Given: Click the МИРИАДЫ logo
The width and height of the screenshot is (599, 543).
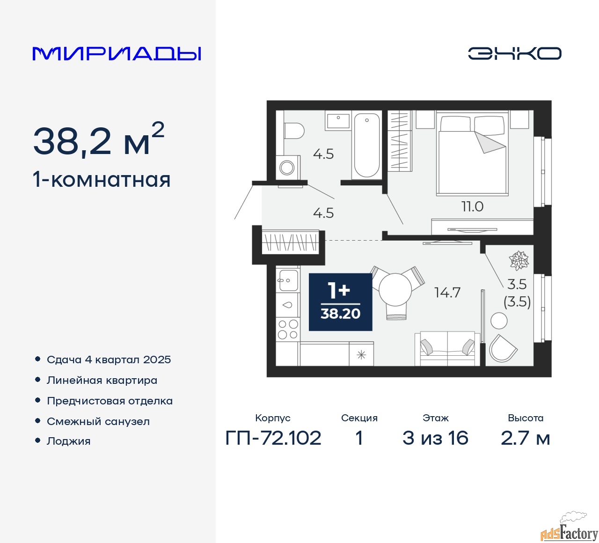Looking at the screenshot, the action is [x=117, y=54].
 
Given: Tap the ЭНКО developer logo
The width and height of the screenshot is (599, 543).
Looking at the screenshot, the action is [x=514, y=53].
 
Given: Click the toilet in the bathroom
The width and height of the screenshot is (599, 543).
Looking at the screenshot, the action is [x=294, y=131].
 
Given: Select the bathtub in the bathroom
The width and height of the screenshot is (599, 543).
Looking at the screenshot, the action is [x=366, y=145].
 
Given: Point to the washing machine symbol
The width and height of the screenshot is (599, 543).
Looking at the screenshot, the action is [x=287, y=168].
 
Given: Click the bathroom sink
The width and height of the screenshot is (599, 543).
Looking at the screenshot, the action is [x=338, y=121].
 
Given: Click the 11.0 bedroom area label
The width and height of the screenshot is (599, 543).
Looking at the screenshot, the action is [x=472, y=206].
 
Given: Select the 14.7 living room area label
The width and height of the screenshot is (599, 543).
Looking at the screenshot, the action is [x=447, y=293].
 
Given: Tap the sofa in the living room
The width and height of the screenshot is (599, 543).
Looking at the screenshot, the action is [x=447, y=348].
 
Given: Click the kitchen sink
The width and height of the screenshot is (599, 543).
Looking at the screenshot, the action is [x=288, y=280].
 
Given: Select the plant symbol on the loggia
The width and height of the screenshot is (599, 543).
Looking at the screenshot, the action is [x=519, y=259].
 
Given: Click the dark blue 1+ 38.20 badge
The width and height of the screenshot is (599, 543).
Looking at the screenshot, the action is [x=340, y=302].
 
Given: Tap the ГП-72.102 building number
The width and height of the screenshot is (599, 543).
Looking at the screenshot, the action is [x=273, y=438].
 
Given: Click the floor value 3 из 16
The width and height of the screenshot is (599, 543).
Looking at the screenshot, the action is [x=435, y=438].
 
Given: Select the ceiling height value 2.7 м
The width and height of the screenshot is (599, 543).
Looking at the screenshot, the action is [x=525, y=438].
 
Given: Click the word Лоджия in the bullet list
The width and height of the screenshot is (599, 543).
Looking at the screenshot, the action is [x=68, y=441].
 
